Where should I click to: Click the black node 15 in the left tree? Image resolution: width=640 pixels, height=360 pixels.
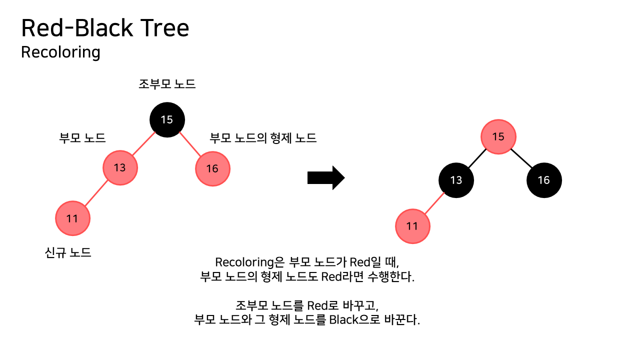click(x=167, y=119)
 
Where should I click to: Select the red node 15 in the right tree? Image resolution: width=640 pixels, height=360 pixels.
click(x=498, y=136)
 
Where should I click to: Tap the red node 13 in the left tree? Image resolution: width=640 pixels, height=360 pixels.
click(x=120, y=168)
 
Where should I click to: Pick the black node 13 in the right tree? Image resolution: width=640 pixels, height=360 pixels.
click(x=456, y=180)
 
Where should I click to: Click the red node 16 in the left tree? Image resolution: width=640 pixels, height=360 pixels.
click(x=212, y=168)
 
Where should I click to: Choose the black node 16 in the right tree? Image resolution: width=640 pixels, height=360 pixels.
click(x=544, y=180)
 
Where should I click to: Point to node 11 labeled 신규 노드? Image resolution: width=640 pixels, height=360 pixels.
click(x=72, y=218)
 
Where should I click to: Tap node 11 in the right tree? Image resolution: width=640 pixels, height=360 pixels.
click(x=412, y=226)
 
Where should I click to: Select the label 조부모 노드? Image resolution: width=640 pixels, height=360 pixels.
click(x=167, y=84)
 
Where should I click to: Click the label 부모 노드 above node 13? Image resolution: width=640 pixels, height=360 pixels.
click(x=82, y=138)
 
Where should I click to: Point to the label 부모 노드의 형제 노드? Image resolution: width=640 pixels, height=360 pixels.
click(x=263, y=138)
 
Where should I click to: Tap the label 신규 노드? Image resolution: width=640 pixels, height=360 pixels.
click(x=68, y=252)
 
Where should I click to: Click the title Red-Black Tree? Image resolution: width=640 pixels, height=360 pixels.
click(x=105, y=28)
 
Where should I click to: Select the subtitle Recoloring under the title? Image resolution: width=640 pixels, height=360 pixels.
click(x=60, y=52)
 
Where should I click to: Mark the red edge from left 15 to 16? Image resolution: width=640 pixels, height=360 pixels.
click(x=190, y=144)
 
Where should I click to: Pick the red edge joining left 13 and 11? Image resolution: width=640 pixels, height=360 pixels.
click(x=96, y=193)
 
